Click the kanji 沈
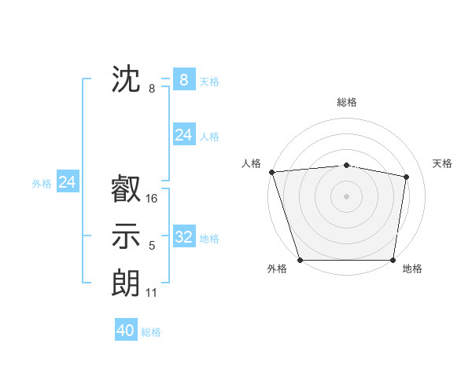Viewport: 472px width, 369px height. [127, 79]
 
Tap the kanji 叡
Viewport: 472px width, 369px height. [127, 188]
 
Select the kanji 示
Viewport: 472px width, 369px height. [127, 236]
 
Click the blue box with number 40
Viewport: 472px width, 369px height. [126, 331]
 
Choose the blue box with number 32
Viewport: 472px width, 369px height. [183, 237]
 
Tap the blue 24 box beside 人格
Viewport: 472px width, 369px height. [183, 135]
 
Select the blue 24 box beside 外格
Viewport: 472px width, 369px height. [68, 182]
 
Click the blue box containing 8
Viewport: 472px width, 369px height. [183, 79]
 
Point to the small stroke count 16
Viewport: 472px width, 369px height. [152, 199]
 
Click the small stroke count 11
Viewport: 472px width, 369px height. [152, 293]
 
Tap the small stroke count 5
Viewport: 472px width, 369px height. [152, 247]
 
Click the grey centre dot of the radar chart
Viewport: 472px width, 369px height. [346, 195]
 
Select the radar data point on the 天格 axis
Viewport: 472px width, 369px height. [407, 176]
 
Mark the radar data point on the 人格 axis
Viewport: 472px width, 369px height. [271, 171]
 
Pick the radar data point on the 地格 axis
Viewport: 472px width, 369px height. [393, 260]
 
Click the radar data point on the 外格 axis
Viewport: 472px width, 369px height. [300, 260]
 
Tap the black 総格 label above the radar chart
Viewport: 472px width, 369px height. [347, 102]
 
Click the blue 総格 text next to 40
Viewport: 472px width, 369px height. [151, 332]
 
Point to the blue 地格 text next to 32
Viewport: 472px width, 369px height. [210, 239]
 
